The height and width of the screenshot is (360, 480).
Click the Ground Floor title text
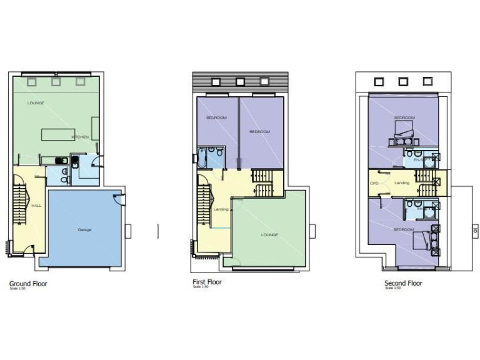[x=28, y=283]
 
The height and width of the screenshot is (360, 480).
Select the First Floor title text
[x=207, y=282]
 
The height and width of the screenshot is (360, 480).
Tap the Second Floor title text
[x=403, y=283]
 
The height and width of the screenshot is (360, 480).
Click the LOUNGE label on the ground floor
[x=36, y=102]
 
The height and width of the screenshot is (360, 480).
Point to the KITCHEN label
[x=80, y=137]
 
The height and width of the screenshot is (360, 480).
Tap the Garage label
[x=84, y=229]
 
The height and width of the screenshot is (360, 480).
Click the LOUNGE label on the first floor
[x=269, y=234]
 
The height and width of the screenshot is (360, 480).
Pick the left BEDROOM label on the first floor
[x=216, y=117]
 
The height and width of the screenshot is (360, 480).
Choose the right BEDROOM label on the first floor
[x=259, y=131]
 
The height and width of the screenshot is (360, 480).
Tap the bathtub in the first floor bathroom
[x=202, y=159]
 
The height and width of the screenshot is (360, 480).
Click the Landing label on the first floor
[x=221, y=209]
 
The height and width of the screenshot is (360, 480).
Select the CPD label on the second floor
[x=375, y=183]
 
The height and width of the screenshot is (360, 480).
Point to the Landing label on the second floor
[x=402, y=182]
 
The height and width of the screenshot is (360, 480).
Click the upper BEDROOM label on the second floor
[x=404, y=117]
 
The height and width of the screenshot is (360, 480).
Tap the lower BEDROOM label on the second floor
[x=404, y=229]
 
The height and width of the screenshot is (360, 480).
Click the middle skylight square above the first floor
[x=241, y=81]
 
